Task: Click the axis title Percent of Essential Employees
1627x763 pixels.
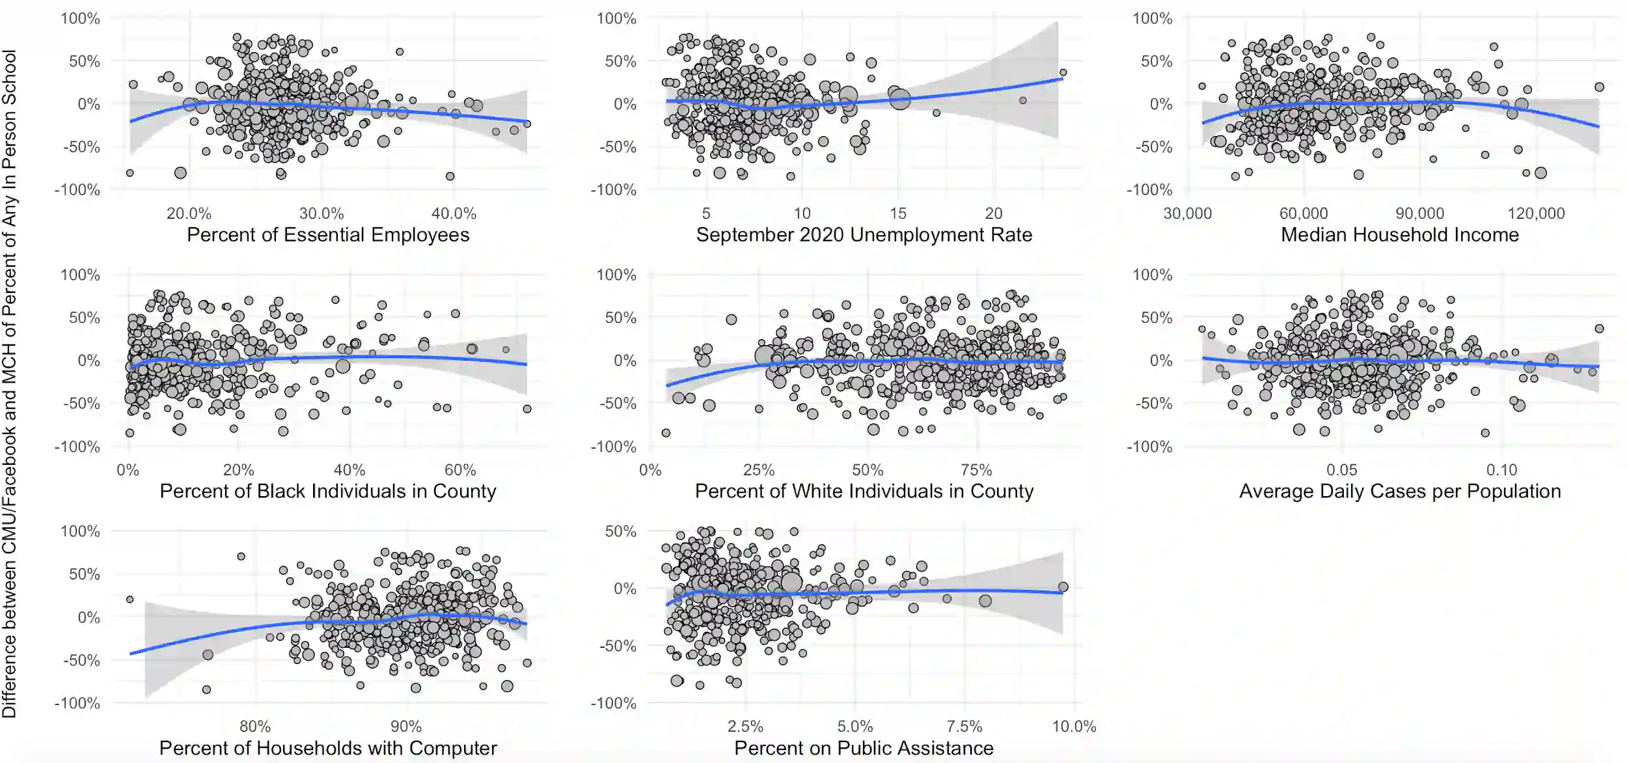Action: tap(328, 235)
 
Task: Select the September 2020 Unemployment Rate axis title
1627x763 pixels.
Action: tap(864, 235)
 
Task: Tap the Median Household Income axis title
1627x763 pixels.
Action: tap(1399, 235)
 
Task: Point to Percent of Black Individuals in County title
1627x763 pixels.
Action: tap(328, 492)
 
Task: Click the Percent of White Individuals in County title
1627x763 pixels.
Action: tap(864, 492)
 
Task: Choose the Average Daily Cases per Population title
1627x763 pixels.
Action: tap(1399, 492)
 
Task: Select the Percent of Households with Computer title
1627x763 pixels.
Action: tap(328, 749)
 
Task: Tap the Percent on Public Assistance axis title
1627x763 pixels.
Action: tap(864, 749)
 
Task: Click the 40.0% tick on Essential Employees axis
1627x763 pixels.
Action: tap(454, 214)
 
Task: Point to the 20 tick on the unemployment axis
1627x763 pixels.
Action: tap(993, 214)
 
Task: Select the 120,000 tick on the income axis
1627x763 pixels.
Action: tap(1536, 214)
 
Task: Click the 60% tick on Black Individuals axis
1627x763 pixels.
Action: tap(460, 470)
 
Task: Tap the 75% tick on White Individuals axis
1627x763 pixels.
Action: tap(976, 470)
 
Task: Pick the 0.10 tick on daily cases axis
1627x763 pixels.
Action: tap(1501, 470)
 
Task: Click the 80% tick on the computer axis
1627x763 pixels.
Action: tap(254, 727)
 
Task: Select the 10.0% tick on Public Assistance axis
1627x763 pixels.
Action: tap(1074, 727)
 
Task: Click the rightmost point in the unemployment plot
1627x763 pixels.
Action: tap(1063, 73)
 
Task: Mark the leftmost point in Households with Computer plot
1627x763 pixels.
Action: tap(130, 600)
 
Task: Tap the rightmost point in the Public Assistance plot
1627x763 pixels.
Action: tap(1063, 587)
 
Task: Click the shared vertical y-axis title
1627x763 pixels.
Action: tap(10, 384)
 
